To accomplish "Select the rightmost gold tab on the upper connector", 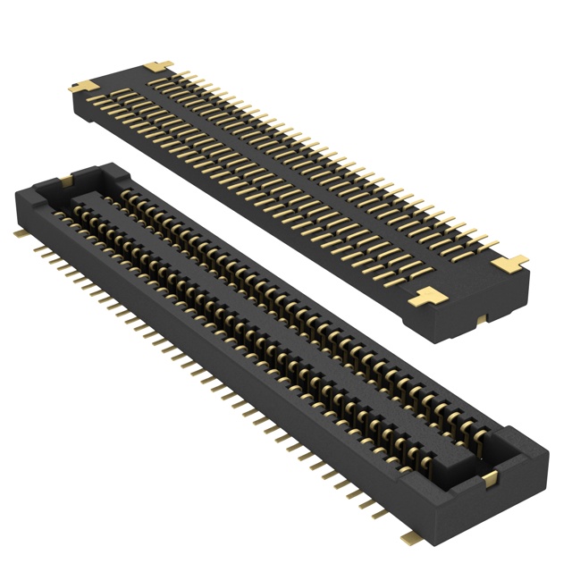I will pyautogui.click(x=511, y=264).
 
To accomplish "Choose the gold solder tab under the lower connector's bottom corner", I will pyautogui.click(x=411, y=536).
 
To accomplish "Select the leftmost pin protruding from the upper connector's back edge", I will pyautogui.click(x=179, y=71).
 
